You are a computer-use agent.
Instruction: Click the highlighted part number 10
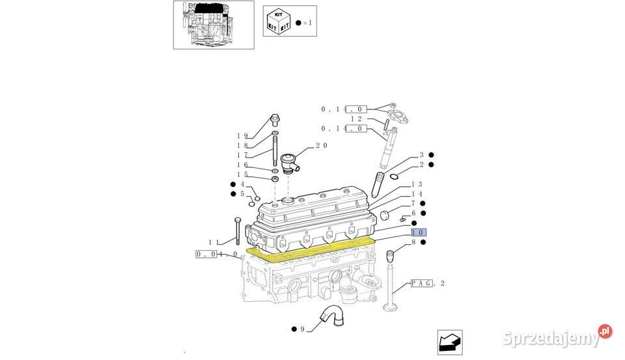click(x=417, y=232)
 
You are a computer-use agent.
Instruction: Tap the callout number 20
click(x=321, y=146)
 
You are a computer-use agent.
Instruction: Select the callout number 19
click(x=242, y=135)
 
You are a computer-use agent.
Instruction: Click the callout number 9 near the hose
click(x=302, y=329)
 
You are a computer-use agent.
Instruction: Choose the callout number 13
click(x=417, y=185)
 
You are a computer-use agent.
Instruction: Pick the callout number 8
click(x=413, y=242)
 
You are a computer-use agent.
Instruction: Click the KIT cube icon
click(x=279, y=20)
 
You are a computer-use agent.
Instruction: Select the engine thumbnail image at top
click(x=213, y=24)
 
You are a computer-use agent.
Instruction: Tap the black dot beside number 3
click(x=431, y=155)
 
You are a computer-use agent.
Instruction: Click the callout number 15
click(x=242, y=174)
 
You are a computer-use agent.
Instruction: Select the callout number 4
click(x=242, y=184)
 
